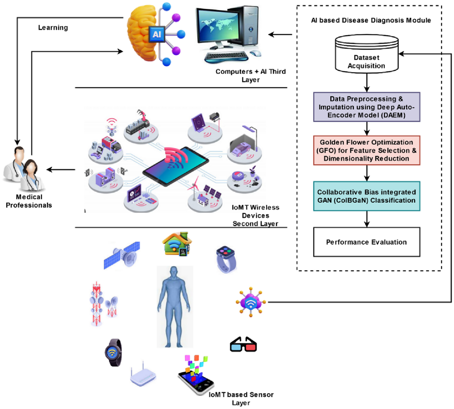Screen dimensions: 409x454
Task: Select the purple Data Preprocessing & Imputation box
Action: [367, 107]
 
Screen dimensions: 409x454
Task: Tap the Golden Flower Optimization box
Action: [367, 150]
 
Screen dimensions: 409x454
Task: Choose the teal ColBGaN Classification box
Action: [367, 196]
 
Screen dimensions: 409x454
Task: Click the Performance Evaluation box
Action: [367, 242]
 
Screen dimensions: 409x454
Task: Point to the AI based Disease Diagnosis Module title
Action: [371, 20]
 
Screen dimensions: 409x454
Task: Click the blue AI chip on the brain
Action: [157, 34]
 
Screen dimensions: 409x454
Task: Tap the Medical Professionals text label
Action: [29, 201]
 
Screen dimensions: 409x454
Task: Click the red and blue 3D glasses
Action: [243, 344]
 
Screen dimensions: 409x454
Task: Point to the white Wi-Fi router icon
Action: [143, 376]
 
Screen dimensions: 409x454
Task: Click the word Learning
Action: [53, 28]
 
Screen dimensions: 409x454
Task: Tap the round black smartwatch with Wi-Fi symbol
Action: [113, 352]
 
